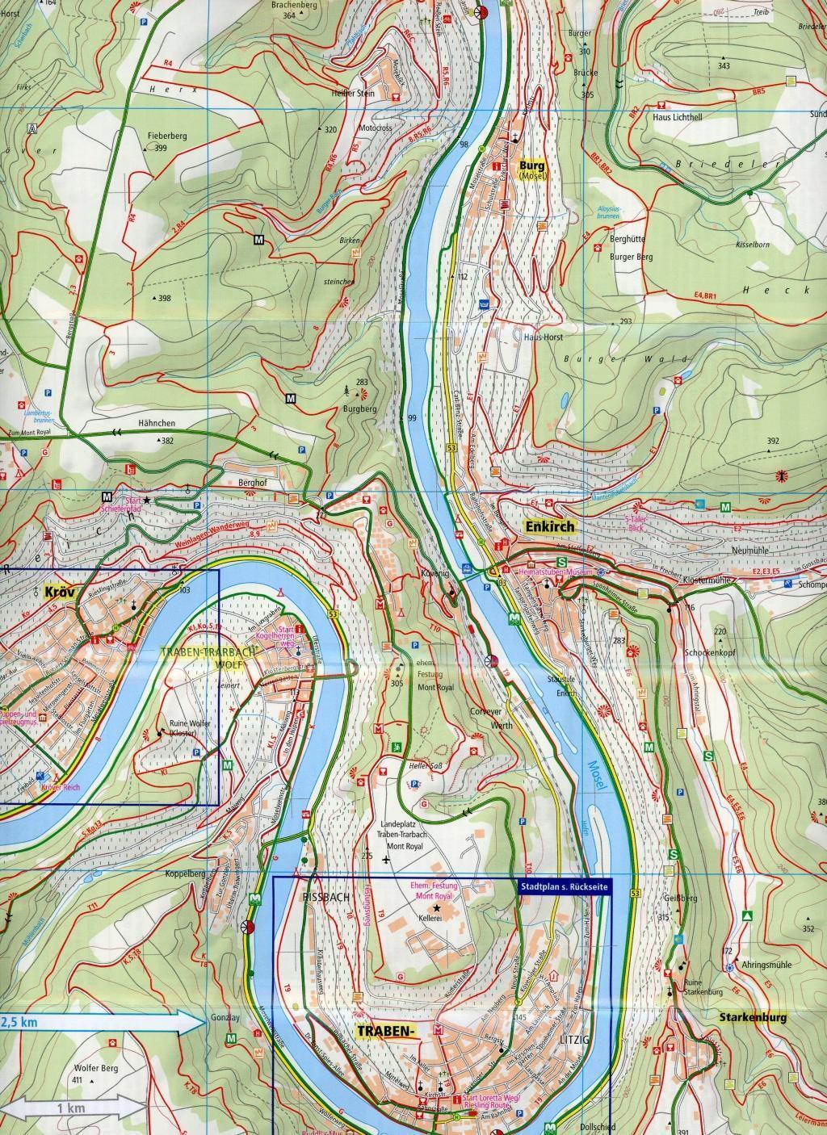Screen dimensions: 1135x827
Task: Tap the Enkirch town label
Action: (549, 527)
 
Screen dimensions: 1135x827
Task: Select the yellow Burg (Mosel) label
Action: (534, 165)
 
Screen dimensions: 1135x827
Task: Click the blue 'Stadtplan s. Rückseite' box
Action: (564, 886)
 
